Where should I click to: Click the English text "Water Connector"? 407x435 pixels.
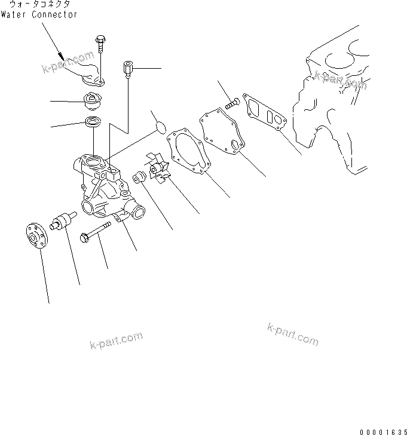coord(39,14)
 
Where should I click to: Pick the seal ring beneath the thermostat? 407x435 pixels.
coord(94,124)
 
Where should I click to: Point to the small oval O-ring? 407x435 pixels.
coord(160,126)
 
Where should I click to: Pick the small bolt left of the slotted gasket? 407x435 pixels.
coord(233,103)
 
